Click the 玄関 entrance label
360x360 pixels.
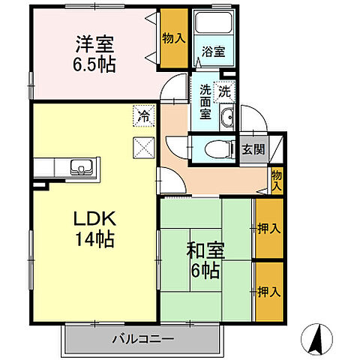tap(253, 148)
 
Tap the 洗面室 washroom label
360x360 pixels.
tap(205, 102)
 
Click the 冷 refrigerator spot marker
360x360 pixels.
tap(142, 115)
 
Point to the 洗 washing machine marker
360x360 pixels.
tap(225, 93)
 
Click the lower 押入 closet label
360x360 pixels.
tap(268, 289)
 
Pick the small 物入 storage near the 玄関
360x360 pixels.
tap(276, 180)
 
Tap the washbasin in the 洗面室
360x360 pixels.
tap(228, 116)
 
